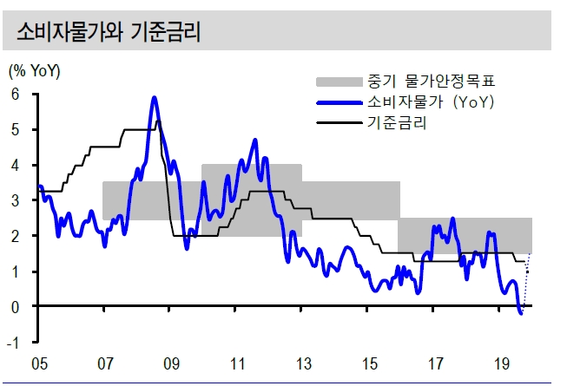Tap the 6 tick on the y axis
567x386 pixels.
(x=15, y=95)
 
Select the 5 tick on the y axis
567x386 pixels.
(x=15, y=130)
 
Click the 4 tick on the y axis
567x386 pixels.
(x=15, y=165)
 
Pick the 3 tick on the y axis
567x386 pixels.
(x=15, y=200)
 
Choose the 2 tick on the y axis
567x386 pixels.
(x=15, y=236)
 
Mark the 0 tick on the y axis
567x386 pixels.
(x=15, y=306)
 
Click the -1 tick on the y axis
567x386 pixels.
(x=13, y=342)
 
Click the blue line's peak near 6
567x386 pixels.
(x=155, y=97)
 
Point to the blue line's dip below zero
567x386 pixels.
(x=520, y=313)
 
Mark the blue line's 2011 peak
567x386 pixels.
(x=254, y=140)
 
